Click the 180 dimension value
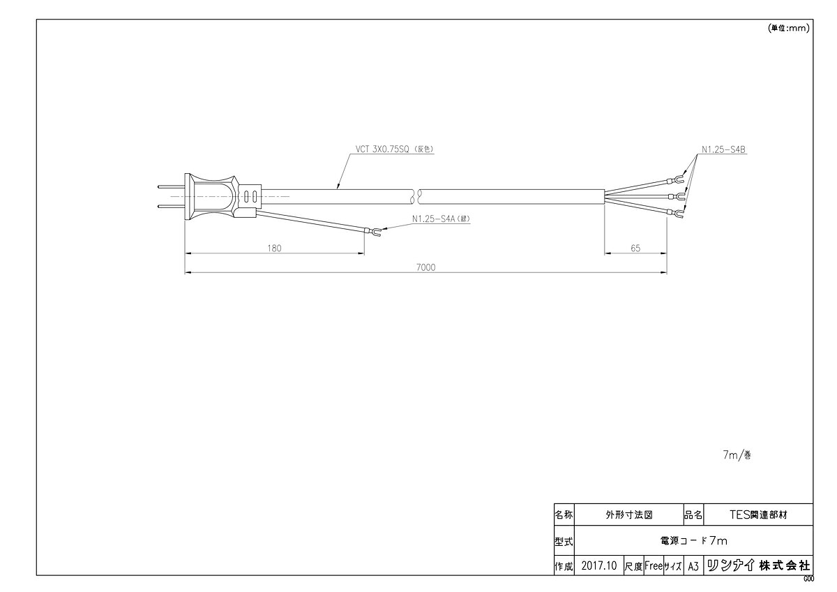[274, 249]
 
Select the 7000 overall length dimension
[425, 267]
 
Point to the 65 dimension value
[635, 249]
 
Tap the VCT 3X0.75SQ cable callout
[394, 149]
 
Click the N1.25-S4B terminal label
[723, 149]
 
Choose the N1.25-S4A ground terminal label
[441, 219]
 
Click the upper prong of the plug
[171, 186]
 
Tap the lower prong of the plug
[171, 206]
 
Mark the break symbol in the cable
[416, 196]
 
